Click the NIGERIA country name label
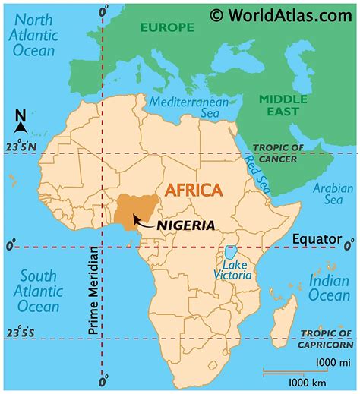pos(185,225)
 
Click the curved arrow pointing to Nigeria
pos(142,221)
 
